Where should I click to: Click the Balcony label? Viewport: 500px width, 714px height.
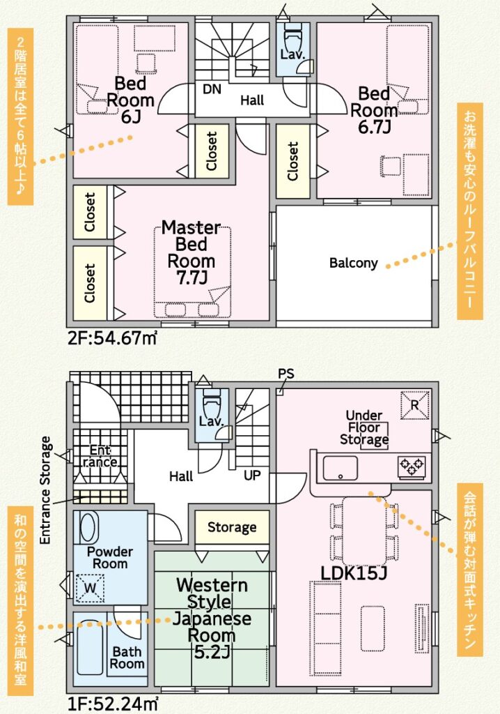(x=354, y=263)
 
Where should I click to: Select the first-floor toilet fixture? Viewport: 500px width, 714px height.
(x=211, y=402)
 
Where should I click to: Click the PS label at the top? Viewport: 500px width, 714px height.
(x=286, y=374)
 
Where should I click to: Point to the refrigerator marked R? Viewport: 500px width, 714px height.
(x=414, y=405)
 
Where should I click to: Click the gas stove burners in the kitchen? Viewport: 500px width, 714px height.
(x=412, y=466)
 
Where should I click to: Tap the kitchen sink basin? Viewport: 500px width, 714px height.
(x=340, y=468)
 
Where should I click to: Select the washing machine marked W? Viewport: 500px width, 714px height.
(x=90, y=588)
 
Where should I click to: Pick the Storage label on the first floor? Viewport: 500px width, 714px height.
(x=232, y=527)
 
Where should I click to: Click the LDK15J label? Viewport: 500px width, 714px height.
(x=354, y=574)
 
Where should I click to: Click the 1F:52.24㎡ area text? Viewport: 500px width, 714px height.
(x=114, y=704)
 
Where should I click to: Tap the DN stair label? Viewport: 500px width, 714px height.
(x=212, y=89)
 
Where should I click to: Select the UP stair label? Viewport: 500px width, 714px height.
(x=252, y=476)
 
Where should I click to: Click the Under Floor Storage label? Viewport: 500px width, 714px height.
(x=364, y=427)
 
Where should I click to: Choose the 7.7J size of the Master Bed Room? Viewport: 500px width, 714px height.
(x=192, y=278)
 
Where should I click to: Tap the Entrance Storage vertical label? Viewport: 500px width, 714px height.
(x=45, y=490)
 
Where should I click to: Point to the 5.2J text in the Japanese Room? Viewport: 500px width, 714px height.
(x=212, y=652)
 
